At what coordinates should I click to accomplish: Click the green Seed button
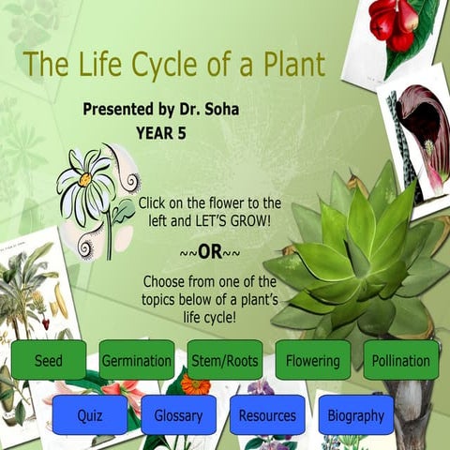click(x=49, y=360)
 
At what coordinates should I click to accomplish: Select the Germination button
click(x=137, y=360)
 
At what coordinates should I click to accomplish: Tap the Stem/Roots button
click(x=225, y=360)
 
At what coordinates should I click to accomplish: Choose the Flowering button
click(x=313, y=360)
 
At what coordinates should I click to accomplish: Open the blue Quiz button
click(x=90, y=414)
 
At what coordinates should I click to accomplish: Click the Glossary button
click(x=178, y=414)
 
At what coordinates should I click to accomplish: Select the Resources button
click(x=267, y=414)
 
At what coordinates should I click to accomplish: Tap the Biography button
click(x=355, y=414)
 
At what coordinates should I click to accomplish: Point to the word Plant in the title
click(x=292, y=65)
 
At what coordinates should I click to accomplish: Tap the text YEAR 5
click(x=161, y=133)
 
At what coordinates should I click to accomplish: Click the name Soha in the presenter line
click(x=218, y=110)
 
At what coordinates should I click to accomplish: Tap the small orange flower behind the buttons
click(x=196, y=383)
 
